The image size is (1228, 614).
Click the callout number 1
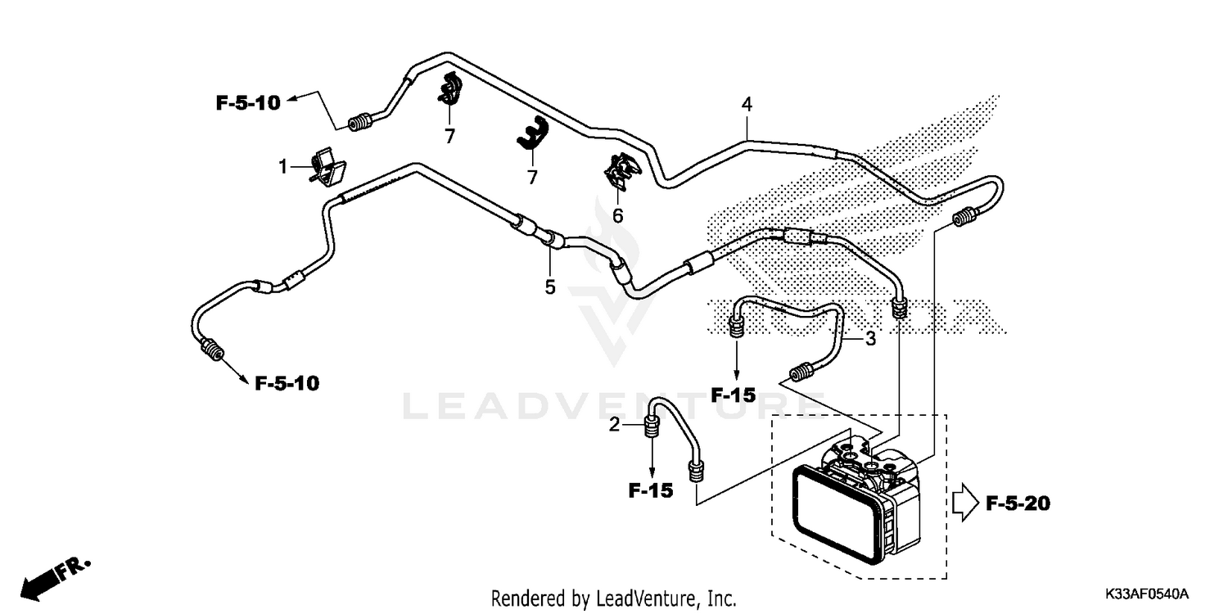(283, 167)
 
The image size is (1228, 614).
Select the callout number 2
(614, 425)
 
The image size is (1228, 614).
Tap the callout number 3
(870, 338)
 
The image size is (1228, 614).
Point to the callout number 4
(746, 105)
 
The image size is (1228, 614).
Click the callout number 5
(550, 287)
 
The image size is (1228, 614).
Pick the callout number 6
(618, 215)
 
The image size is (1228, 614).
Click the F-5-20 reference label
(1018, 503)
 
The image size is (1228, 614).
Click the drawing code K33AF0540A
(1147, 593)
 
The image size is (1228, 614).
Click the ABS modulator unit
(855, 508)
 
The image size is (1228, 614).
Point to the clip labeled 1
(327, 166)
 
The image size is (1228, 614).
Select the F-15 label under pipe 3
(733, 395)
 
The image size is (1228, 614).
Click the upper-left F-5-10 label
(248, 103)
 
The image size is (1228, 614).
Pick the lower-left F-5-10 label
(287, 383)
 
